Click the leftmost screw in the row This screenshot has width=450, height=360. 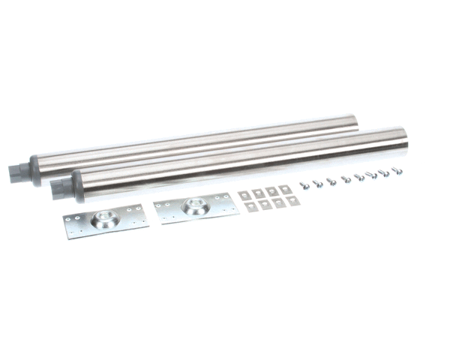(x=304, y=183)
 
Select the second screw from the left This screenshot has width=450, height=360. (x=316, y=181)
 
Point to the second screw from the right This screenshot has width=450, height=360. (x=383, y=172)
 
